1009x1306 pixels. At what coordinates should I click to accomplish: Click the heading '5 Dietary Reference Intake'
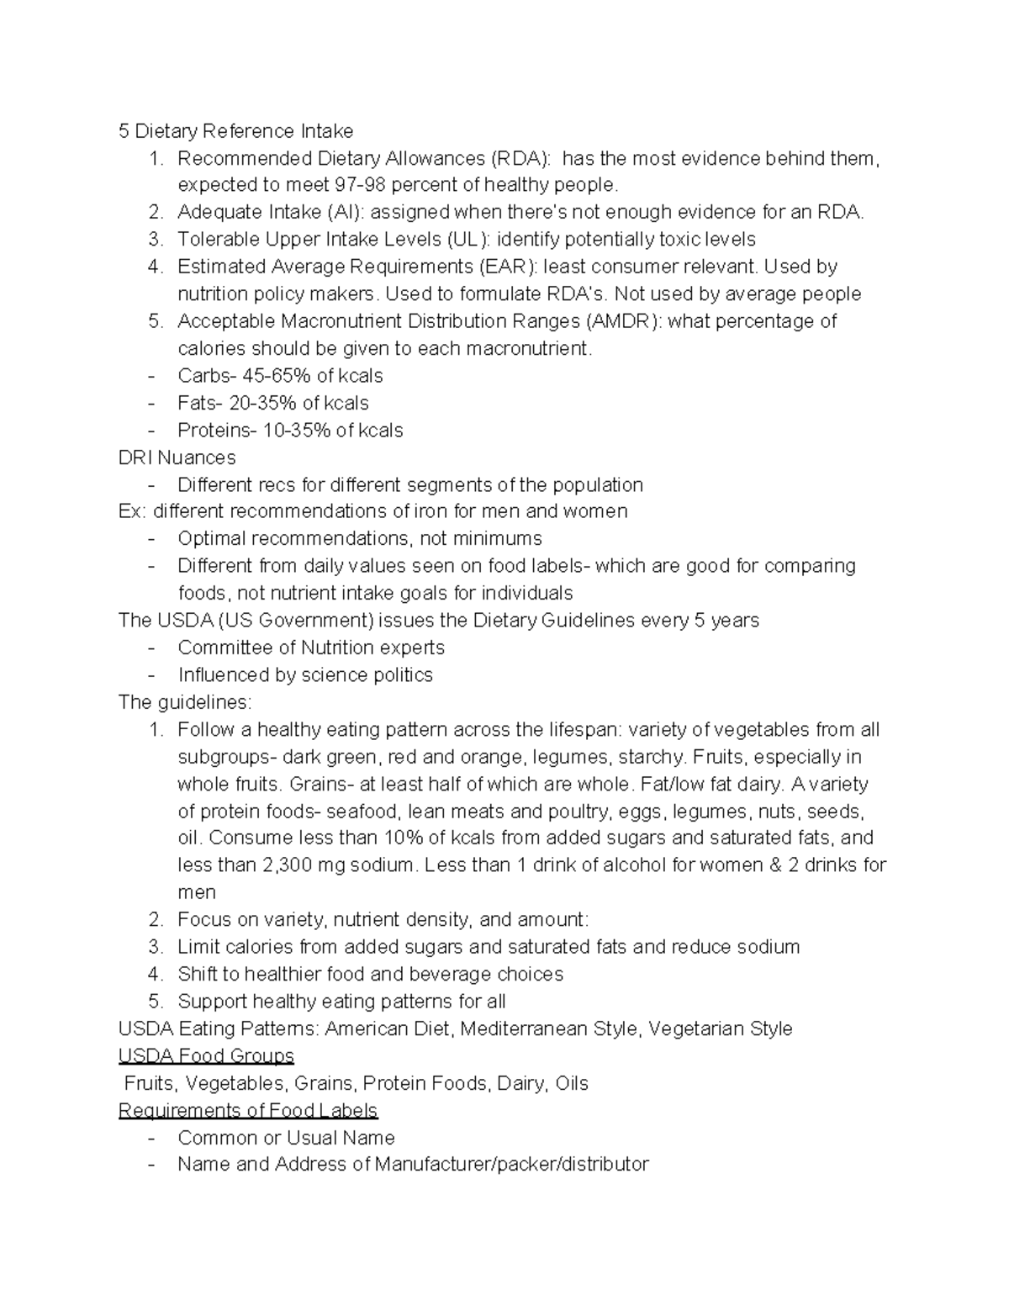tap(235, 131)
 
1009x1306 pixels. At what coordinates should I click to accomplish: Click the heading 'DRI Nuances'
tap(177, 457)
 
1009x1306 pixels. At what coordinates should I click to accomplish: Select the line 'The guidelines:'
tap(185, 702)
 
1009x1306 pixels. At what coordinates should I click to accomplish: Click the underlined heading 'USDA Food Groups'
tap(206, 1056)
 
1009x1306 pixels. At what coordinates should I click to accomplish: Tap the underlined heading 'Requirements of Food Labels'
tap(248, 1111)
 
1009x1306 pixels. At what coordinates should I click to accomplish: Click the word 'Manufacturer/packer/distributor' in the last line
tap(512, 1165)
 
